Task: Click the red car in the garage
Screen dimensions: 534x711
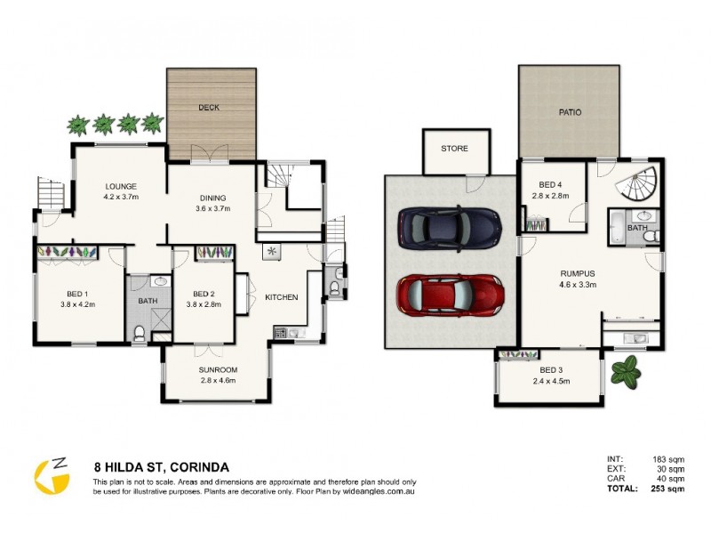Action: [450, 293]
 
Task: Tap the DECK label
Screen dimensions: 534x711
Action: [210, 108]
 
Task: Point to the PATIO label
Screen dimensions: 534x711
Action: [569, 113]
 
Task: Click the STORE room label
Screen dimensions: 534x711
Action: [454, 149]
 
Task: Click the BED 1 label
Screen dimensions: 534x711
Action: [78, 294]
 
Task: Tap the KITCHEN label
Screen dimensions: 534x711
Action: [281, 297]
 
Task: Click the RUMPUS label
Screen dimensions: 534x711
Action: [577, 273]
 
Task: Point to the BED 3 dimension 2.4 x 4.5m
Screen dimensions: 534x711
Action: [550, 382]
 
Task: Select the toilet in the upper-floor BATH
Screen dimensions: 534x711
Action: [139, 334]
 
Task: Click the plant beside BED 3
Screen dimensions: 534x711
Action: [631, 371]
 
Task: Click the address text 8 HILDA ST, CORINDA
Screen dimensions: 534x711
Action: [162, 465]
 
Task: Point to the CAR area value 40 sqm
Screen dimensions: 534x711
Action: [670, 478]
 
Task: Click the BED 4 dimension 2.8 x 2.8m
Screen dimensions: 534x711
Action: [550, 197]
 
